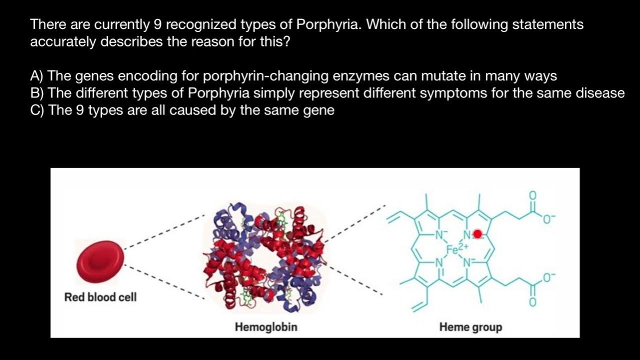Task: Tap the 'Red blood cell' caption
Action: click(x=100, y=297)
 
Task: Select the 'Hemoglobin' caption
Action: click(x=266, y=327)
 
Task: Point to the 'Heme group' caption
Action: click(x=470, y=327)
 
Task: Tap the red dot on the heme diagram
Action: click(x=477, y=233)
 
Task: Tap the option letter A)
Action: click(x=37, y=76)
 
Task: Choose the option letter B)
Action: click(x=37, y=93)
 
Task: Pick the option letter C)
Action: click(x=37, y=110)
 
